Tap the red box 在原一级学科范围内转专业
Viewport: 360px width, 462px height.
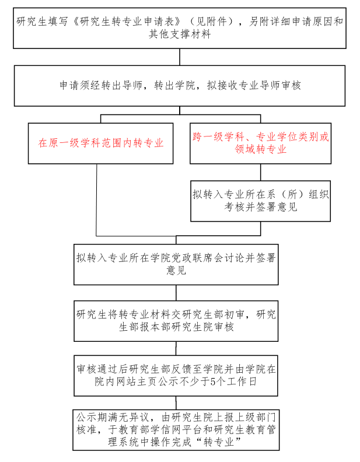click(x=100, y=143)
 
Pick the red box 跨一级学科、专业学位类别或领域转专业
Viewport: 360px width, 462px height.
click(x=260, y=143)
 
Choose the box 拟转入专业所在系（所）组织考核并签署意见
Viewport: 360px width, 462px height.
click(x=260, y=200)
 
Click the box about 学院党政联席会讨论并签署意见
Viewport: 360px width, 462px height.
click(x=176, y=263)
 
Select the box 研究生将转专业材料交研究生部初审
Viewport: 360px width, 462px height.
click(x=176, y=320)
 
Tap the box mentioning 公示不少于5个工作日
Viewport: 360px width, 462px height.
click(x=176, y=376)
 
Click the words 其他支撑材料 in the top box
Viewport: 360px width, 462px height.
click(x=180, y=34)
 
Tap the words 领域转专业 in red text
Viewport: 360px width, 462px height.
click(x=260, y=149)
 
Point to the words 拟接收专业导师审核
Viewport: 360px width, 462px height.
click(x=254, y=85)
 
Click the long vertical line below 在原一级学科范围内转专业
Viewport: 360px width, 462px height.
click(x=97, y=198)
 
